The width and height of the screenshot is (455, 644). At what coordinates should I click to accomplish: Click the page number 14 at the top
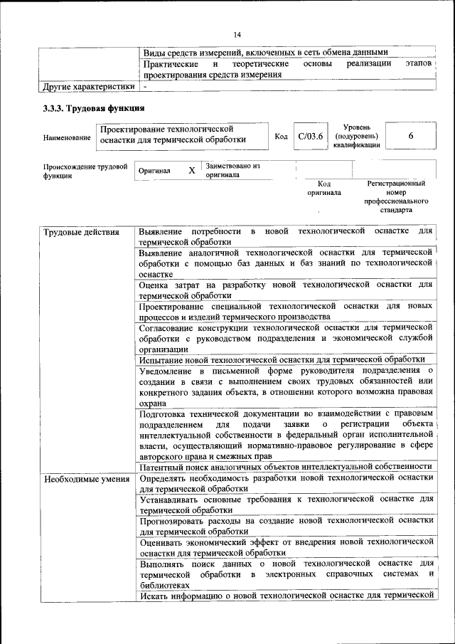coord(237,34)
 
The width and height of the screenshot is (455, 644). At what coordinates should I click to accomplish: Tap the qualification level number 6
coord(411,136)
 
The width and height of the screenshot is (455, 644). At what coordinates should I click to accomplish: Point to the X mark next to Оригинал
coord(191,171)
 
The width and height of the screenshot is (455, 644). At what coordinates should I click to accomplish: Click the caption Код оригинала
coord(324,188)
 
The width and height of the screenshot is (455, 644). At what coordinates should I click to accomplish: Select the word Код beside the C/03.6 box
coord(281,137)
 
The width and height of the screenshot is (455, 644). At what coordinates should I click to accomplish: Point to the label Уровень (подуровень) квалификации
coord(356,135)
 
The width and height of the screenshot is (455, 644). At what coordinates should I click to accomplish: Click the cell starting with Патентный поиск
coord(286,466)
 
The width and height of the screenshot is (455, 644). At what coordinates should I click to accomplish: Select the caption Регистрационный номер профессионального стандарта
coord(396,197)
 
